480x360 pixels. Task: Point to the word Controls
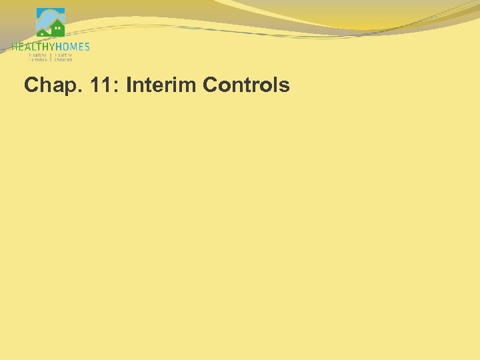click(x=246, y=85)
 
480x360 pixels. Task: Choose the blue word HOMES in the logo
click(x=72, y=47)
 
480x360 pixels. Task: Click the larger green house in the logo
click(x=58, y=29)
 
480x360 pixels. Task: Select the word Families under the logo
click(x=38, y=59)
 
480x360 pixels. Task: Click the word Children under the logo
click(x=63, y=59)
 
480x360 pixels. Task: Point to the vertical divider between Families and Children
click(x=51, y=57)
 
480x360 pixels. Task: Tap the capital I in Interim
click(x=127, y=85)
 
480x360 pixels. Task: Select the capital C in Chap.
click(x=31, y=85)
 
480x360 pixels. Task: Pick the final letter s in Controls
click(x=285, y=87)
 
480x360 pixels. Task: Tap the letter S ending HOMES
click(x=87, y=47)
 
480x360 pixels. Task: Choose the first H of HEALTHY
click(x=14, y=47)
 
